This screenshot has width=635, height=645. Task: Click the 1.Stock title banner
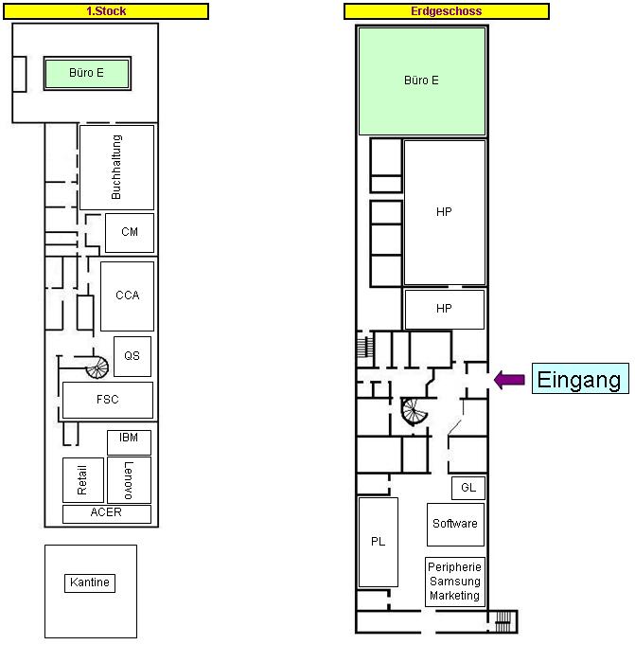click(x=106, y=11)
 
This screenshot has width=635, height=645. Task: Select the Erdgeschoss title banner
click(x=447, y=11)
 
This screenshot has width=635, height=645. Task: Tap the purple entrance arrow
click(x=509, y=379)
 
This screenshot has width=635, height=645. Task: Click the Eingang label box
click(x=580, y=379)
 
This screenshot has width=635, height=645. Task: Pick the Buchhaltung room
click(x=116, y=168)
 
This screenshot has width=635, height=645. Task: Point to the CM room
click(x=130, y=232)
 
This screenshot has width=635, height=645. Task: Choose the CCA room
click(x=128, y=296)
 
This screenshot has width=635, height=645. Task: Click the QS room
click(x=132, y=356)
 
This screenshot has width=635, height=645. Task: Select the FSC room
click(x=108, y=400)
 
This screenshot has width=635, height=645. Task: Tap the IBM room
click(x=129, y=442)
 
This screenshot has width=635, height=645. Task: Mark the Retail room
click(x=83, y=480)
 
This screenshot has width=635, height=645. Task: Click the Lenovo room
click(x=129, y=480)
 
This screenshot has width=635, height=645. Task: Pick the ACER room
click(x=107, y=514)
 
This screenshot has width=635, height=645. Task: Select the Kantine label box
click(x=90, y=582)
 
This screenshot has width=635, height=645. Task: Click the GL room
click(x=468, y=488)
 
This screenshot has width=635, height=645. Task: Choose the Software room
click(x=455, y=525)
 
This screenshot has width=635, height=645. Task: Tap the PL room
click(x=379, y=542)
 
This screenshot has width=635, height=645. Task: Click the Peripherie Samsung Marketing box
click(x=455, y=582)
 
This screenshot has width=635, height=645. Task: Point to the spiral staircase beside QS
click(x=97, y=367)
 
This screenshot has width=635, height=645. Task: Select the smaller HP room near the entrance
click(x=444, y=310)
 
